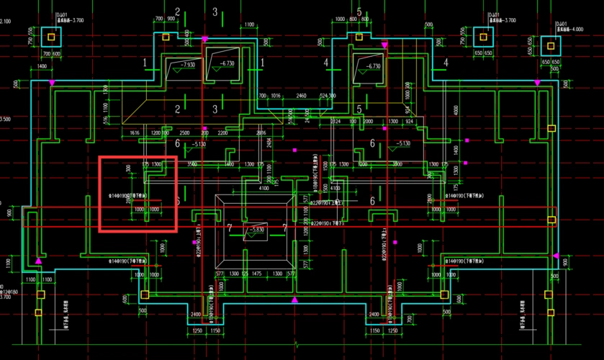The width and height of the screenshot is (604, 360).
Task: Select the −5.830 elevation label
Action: pos(256,229)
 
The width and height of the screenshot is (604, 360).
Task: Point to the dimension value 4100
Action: pos(265,189)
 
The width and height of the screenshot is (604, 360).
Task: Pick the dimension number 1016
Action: pos(276,95)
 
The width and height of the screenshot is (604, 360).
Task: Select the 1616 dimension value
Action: pos(134,133)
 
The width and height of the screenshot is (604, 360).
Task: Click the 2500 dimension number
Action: pos(185,133)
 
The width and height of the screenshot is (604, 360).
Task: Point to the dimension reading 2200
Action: pos(222,133)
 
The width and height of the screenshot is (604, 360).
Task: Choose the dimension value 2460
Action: pos(301,95)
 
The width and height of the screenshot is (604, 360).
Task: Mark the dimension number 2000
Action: pos(369,122)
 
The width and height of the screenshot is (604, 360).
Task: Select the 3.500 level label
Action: pos(5,120)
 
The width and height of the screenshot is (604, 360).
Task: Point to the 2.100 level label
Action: pos(5,22)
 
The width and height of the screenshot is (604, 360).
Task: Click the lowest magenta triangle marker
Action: pos(294,300)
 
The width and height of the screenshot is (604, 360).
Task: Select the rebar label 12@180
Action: pos(9,293)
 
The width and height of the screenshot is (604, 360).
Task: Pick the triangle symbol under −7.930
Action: pos(176,72)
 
